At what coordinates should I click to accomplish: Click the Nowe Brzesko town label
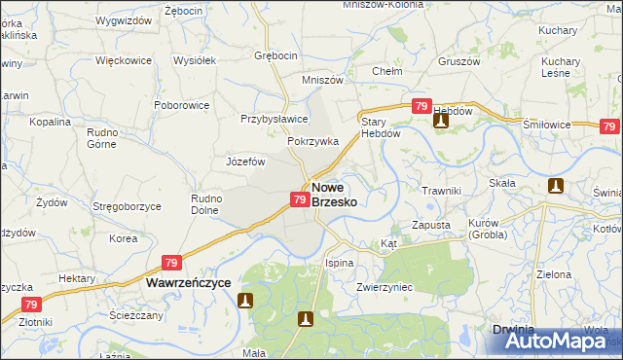pos(334,194)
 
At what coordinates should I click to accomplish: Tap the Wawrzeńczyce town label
pos(188,281)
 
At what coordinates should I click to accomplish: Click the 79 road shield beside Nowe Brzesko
pos(300,199)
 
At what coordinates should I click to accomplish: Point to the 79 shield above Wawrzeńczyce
pos(171,263)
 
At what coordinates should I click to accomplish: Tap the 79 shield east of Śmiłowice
pos(609,126)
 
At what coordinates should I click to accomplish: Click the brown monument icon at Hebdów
pos(440,125)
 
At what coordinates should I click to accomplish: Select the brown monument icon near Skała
pos(556,186)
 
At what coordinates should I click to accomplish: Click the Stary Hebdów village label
pos(374,127)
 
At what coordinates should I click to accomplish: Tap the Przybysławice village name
pos(275,119)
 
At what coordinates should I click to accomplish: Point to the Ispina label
pos(339,263)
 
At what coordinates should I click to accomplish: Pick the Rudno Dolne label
pos(206,204)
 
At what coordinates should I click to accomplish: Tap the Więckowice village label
pos(124,60)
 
